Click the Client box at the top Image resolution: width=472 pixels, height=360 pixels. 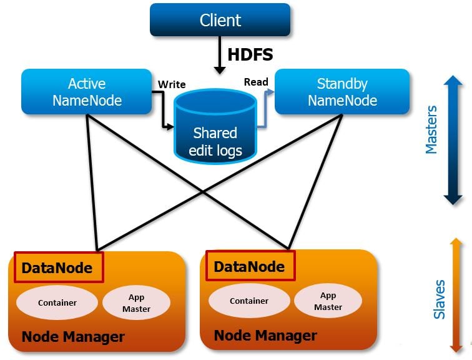(x=220, y=19)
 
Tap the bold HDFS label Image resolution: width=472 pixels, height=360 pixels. (x=250, y=54)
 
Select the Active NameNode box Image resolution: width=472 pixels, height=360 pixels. (x=87, y=92)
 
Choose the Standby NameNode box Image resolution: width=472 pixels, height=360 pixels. (x=342, y=92)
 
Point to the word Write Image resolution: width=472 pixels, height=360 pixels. (x=172, y=84)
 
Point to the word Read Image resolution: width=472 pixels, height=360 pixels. (x=256, y=82)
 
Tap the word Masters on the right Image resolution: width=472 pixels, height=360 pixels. (x=431, y=129)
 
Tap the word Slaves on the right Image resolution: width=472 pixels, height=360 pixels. (x=440, y=299)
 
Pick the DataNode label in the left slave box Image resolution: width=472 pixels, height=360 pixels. (x=57, y=268)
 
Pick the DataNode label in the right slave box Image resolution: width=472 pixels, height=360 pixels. (x=249, y=267)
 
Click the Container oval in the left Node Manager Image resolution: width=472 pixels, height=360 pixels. (x=57, y=302)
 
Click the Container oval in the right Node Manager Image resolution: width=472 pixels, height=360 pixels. (x=249, y=301)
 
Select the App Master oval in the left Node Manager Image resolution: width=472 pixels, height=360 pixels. (x=136, y=303)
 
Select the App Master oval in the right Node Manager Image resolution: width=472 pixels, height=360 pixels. (x=328, y=301)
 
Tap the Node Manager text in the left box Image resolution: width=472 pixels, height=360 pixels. (x=73, y=337)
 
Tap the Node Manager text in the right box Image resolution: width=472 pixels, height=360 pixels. (x=265, y=335)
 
